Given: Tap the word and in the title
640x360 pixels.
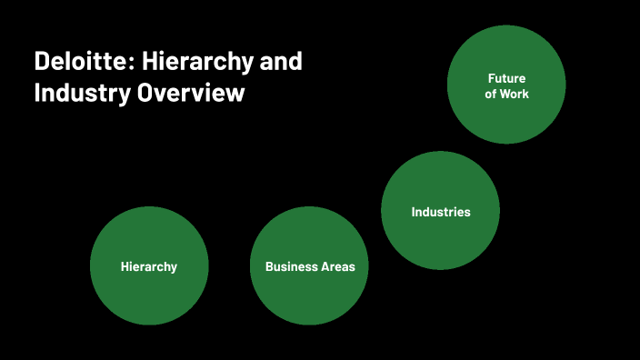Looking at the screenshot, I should point(282,63).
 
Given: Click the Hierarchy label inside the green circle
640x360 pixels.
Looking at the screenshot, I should point(149,266).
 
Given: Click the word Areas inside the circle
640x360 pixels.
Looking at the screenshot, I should point(337,266).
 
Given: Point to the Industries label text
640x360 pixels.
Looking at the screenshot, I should point(441,212).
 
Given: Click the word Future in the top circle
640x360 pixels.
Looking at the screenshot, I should point(506,78).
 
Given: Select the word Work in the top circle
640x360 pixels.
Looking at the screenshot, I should point(514,94).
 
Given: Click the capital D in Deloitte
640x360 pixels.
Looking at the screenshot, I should point(42,63).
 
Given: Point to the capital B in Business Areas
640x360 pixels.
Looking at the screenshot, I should point(269,266).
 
